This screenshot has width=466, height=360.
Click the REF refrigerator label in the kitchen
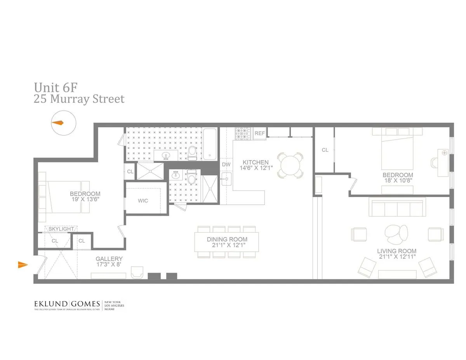tap(259, 133)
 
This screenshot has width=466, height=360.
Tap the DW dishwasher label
tap(226, 164)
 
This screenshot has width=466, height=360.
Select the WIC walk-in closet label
tap(143, 201)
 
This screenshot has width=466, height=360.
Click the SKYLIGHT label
tap(61, 229)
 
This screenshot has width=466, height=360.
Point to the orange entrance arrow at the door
tap(23, 265)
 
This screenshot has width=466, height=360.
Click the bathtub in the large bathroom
tap(210, 144)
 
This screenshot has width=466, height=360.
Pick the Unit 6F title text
tap(56, 86)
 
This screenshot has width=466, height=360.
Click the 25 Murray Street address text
tap(79, 99)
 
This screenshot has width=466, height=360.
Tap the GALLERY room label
tap(109, 259)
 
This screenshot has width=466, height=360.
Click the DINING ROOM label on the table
tap(227, 239)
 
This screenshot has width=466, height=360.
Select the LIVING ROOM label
tap(396, 251)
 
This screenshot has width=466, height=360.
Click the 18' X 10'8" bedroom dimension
tap(398, 181)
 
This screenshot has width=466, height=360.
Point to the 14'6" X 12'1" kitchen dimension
tap(256, 168)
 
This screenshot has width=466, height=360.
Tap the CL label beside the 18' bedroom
tap(325, 150)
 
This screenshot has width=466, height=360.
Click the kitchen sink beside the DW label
tap(226, 180)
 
